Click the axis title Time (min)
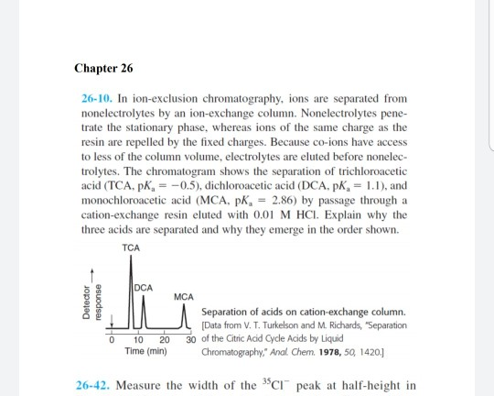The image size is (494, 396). [144, 351]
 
